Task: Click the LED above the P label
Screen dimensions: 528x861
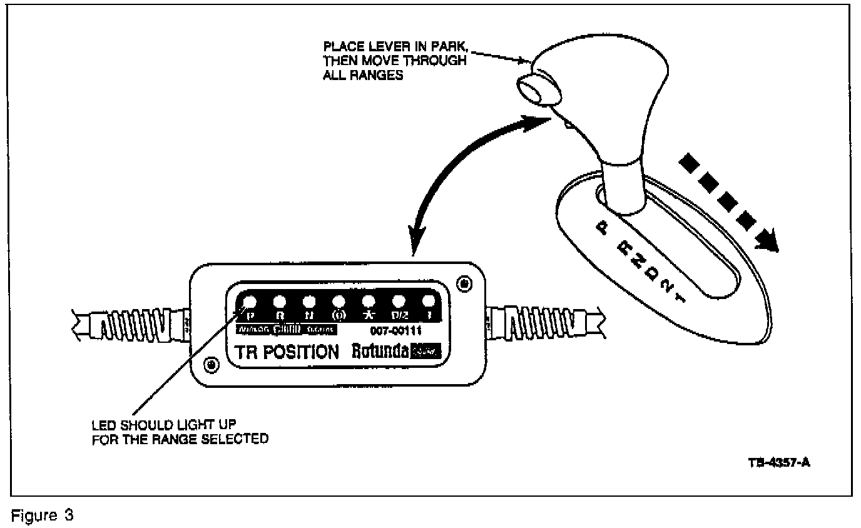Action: pos(249,300)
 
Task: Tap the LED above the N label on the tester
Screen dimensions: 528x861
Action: pos(308,300)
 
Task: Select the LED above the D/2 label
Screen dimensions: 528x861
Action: pos(398,301)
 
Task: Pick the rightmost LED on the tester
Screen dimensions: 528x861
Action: pos(429,301)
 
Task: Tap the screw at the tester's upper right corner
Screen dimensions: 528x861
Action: pos(465,283)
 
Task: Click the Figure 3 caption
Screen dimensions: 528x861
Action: pos(43,517)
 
